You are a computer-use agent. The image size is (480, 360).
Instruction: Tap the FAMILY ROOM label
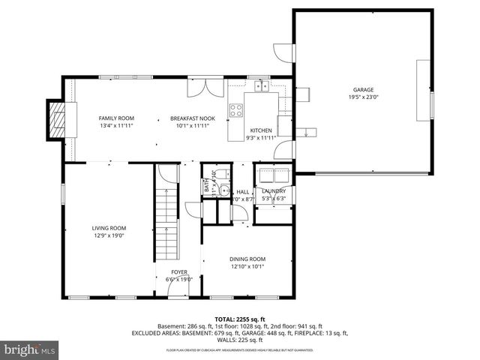(x=116, y=118)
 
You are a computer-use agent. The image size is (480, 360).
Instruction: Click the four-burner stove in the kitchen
(x=236, y=111)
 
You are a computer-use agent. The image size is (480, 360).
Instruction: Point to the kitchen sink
(x=262, y=87)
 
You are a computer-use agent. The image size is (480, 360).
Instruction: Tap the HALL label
(x=243, y=191)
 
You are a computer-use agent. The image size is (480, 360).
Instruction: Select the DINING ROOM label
(x=247, y=259)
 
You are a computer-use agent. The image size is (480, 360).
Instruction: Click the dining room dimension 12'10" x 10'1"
(x=247, y=267)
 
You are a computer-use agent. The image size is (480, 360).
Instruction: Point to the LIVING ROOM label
(x=109, y=228)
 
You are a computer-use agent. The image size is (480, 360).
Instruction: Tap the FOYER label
(x=178, y=272)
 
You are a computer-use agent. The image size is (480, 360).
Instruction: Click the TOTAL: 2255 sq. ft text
(x=239, y=318)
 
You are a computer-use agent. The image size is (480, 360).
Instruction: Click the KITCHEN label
(x=261, y=130)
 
